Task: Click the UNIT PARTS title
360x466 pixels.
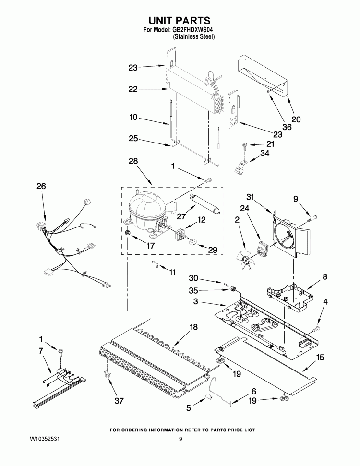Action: pos(179,20)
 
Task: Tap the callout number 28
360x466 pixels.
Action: pos(133,161)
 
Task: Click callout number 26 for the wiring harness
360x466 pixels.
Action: pos(41,186)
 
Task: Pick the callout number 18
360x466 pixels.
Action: pos(193,327)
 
